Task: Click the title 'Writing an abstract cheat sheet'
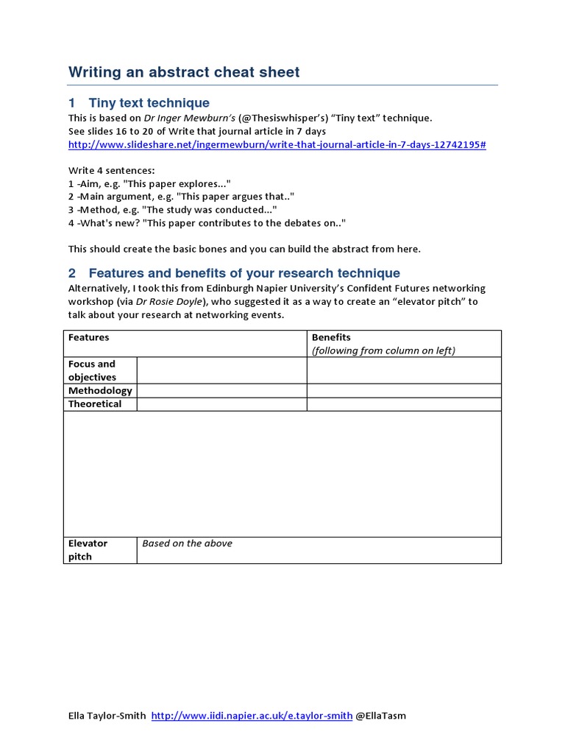(x=184, y=72)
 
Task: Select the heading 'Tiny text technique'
(x=149, y=103)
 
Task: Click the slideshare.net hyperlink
(x=277, y=144)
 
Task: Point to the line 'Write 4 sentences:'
(x=112, y=170)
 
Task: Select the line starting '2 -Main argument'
(x=181, y=197)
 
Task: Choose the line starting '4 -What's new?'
(x=207, y=223)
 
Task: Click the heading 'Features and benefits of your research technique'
(x=244, y=273)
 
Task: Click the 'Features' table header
(x=88, y=337)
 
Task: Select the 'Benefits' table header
(x=331, y=337)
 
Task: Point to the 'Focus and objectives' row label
(x=92, y=370)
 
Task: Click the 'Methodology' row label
(x=100, y=390)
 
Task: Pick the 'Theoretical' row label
(x=95, y=404)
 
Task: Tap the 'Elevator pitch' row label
(x=88, y=550)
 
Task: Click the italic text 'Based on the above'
(x=187, y=543)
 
